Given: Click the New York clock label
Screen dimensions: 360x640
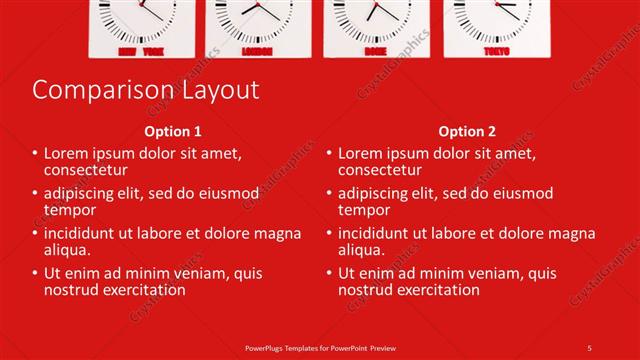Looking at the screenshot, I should click(x=141, y=50).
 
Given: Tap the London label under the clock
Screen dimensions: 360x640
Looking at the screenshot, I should click(x=259, y=50).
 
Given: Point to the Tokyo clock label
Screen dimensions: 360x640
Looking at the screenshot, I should click(x=495, y=50).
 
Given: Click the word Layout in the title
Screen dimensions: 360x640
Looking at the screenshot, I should click(x=218, y=90).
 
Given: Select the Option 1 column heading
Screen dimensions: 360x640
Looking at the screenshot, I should click(x=173, y=131).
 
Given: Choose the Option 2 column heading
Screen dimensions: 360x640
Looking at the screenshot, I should click(x=467, y=131).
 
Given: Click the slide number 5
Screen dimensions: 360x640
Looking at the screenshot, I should click(x=590, y=348).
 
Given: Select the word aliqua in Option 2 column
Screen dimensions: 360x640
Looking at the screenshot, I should click(x=364, y=250).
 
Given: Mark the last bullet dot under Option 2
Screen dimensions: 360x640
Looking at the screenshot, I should click(x=330, y=273).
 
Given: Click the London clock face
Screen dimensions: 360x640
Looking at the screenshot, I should click(x=259, y=15).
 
